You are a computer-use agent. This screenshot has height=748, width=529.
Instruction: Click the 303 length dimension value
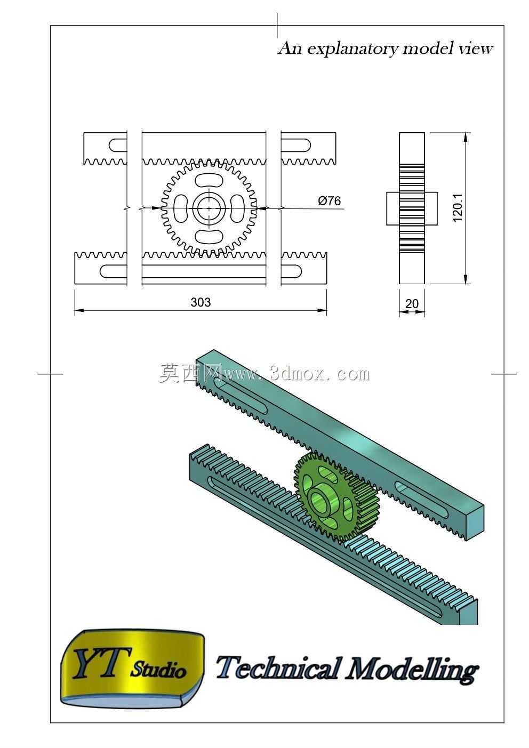pos(201,302)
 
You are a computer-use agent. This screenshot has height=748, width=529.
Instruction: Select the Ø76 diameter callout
pos(329,200)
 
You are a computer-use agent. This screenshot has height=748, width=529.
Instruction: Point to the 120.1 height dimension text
pos(457,207)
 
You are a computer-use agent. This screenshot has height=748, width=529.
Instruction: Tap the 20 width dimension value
pos(412,303)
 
